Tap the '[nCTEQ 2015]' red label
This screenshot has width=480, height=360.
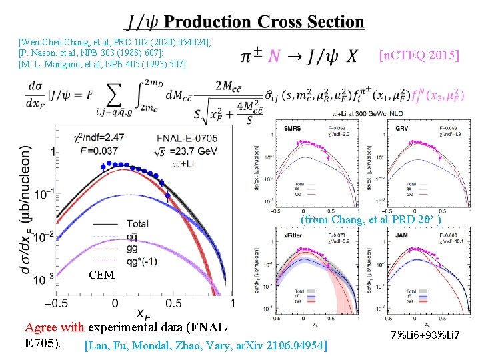pyautogui.click(x=419, y=55)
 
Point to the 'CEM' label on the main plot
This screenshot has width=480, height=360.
pyautogui.click(x=101, y=275)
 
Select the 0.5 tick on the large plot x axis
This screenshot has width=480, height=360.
pyautogui.click(x=173, y=303)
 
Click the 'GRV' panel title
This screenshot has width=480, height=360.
pyautogui.click(x=401, y=128)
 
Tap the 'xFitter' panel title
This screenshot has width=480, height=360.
pyautogui.click(x=294, y=235)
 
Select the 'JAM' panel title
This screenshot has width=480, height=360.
pyautogui.click(x=401, y=235)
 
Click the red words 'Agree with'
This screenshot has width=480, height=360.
pyautogui.click(x=54, y=327)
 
